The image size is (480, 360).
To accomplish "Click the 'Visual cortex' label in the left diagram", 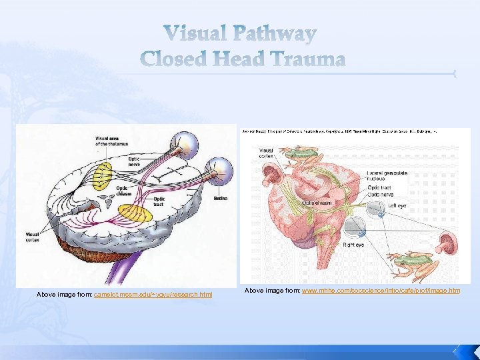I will click(31, 237).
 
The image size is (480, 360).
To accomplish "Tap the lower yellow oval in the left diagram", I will click(136, 215).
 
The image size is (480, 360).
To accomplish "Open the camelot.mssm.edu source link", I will click(153, 294).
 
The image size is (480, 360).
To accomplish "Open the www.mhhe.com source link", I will click(381, 291).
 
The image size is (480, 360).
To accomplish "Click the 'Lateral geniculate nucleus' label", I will click(387, 177).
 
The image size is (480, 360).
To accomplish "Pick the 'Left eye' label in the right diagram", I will click(397, 206).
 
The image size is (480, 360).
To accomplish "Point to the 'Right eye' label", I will click(353, 245).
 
